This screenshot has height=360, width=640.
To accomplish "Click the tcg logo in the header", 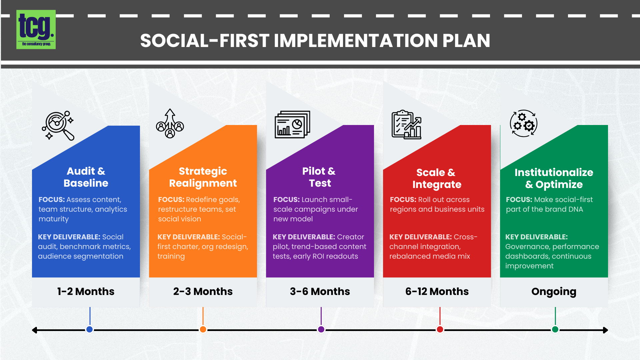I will tap(36, 30).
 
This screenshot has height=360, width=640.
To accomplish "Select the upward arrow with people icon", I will tap(170, 124).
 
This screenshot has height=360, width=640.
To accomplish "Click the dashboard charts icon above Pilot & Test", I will tap(292, 124).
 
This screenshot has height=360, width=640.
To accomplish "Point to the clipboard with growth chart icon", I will tap(406, 125).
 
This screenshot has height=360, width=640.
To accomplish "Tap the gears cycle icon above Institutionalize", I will tap(523, 123).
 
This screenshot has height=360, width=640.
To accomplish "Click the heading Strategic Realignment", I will tap(203, 177).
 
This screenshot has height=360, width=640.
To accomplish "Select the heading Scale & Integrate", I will tap(437, 178).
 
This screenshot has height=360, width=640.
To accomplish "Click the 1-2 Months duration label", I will tap(86, 291).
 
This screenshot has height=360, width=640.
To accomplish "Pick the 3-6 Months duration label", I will tap(320, 291).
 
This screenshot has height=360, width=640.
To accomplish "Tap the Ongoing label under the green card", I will tap(554, 291).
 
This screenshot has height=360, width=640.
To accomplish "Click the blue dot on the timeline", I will tap(89, 329).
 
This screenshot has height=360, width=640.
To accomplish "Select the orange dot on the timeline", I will tap(203, 329).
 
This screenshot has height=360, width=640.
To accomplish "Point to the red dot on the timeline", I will tap(440, 329).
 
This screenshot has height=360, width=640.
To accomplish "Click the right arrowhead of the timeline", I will tap(605, 330).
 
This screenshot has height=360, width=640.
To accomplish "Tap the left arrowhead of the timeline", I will tap(35, 330).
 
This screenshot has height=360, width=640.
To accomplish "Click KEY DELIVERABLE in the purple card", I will tap(304, 237).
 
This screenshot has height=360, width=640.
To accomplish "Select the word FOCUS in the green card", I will tap(518, 200).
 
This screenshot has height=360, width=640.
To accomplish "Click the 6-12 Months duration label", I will tap(437, 291).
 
